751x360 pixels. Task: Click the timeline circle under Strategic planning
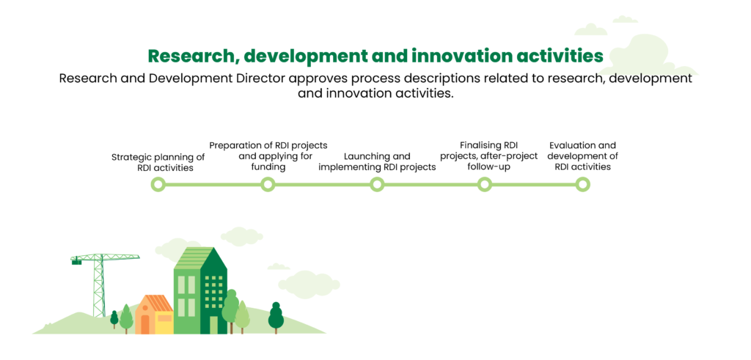point(158,184)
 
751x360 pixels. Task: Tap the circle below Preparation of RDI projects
point(268,184)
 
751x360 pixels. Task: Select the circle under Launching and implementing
point(377,184)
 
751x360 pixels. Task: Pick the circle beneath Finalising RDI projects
point(485,184)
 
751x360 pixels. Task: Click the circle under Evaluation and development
point(582,184)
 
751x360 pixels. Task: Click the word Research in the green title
point(191,56)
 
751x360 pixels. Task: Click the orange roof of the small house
point(155,303)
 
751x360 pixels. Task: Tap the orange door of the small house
point(144,325)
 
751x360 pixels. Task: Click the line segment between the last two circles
point(534,184)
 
